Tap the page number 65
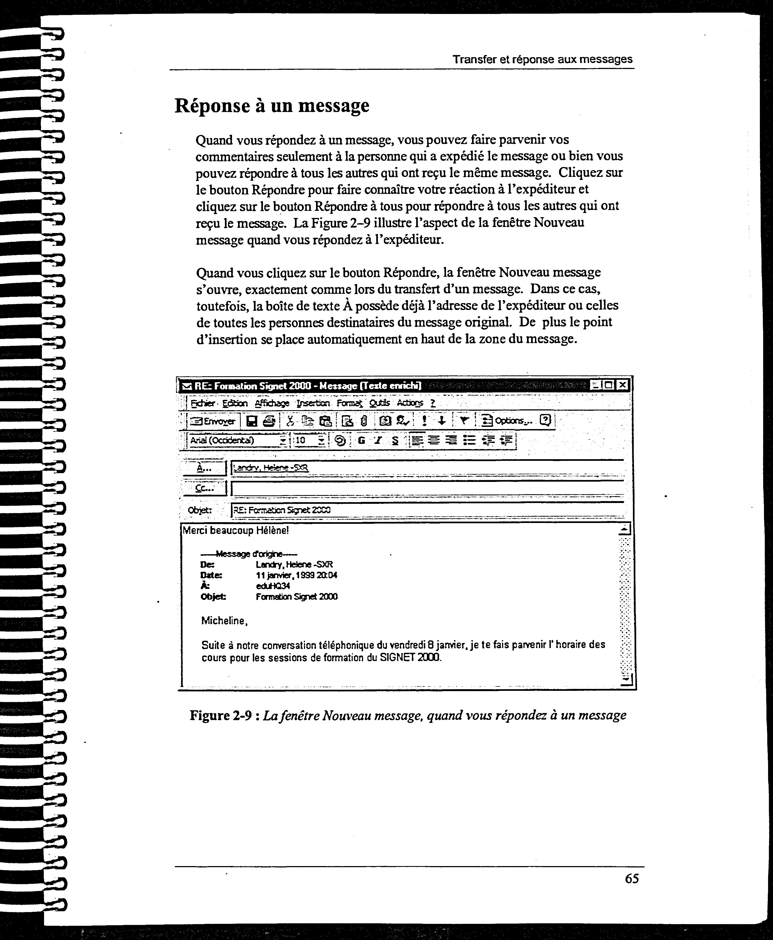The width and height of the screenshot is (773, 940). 632,878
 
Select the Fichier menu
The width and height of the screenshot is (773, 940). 202,403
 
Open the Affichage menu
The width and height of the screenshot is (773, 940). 272,403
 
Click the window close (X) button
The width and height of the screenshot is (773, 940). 623,385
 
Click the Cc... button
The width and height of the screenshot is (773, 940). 204,488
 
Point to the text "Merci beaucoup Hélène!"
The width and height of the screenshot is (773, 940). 236,531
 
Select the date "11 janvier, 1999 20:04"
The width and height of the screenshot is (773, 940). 296,575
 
